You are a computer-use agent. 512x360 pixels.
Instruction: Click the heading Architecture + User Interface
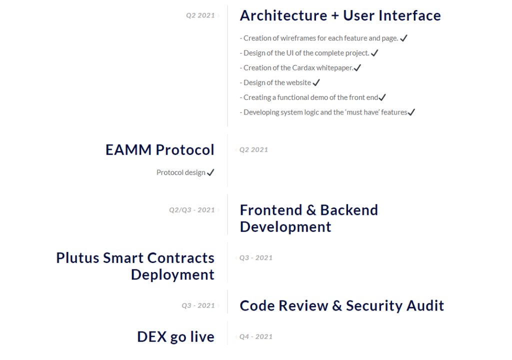click(340, 15)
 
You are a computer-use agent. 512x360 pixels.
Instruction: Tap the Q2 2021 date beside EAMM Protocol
click(253, 149)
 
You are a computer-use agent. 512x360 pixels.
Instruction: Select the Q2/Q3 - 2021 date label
click(191, 209)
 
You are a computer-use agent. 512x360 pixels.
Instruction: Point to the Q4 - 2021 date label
click(256, 336)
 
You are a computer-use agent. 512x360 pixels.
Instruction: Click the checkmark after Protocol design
click(210, 172)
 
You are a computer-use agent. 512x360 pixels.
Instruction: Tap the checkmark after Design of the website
click(316, 82)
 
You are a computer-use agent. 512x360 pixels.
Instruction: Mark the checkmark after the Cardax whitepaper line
click(357, 67)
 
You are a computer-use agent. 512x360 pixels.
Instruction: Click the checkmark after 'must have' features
click(411, 112)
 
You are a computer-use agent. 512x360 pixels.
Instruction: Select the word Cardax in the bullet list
click(303, 67)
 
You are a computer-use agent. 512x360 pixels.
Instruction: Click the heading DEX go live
click(175, 337)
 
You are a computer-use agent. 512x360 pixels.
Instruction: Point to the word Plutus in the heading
click(77, 257)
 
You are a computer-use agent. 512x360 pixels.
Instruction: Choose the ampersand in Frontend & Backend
click(311, 210)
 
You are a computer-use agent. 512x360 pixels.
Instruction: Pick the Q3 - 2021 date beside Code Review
click(198, 305)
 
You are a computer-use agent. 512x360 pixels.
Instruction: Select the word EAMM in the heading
click(128, 150)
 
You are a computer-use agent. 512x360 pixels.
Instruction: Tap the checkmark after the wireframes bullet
click(404, 38)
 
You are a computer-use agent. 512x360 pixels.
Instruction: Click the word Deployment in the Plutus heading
click(172, 274)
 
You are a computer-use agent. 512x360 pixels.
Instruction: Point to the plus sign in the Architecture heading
click(335, 15)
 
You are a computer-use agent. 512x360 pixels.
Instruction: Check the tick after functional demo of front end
click(382, 97)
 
